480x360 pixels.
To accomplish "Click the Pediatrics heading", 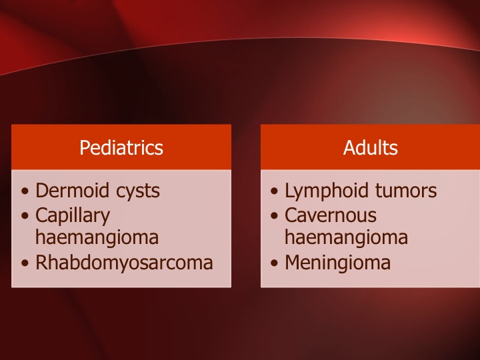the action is click(121, 147).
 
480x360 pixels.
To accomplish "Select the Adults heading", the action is click(371, 147).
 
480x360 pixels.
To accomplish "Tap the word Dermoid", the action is click(72, 191).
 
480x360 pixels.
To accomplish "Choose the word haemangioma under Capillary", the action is click(97, 237).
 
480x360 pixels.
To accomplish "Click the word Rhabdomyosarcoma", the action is click(124, 263).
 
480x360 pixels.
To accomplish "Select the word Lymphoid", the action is click(327, 191).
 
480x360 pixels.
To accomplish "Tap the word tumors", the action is click(406, 191).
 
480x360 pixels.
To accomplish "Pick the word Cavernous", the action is click(331, 215).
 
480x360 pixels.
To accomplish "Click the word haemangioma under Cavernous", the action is click(346, 237).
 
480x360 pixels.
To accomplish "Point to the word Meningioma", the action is click(337, 263).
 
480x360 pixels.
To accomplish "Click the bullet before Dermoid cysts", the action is click(25, 191).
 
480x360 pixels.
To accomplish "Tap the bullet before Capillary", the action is click(25, 216).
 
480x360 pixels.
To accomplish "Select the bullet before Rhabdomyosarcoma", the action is click(25, 263).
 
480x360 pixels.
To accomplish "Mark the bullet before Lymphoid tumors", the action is click(274, 191).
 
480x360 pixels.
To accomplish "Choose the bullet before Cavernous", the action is click(274, 216).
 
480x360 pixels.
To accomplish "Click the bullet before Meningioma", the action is click(274, 263).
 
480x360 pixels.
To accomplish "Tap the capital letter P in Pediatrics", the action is click(85, 148).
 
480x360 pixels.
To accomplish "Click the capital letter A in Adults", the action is click(349, 148).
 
